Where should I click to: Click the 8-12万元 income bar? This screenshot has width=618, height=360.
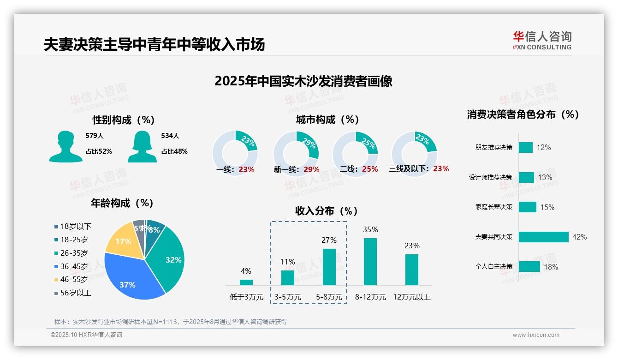point(370,261)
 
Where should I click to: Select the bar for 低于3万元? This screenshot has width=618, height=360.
point(246,282)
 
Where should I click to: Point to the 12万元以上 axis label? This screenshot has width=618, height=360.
point(411,297)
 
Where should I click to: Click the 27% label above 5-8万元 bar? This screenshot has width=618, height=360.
point(329,240)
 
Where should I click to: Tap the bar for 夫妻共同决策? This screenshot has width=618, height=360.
point(543,237)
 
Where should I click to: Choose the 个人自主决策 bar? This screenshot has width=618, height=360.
point(529,266)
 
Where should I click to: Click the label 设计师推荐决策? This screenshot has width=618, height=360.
point(490,177)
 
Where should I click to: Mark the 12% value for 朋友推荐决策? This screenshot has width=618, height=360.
point(544,147)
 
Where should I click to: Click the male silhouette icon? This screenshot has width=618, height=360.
point(65,146)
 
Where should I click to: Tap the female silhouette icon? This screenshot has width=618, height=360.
point(142,146)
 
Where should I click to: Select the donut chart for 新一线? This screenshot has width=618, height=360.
point(296,154)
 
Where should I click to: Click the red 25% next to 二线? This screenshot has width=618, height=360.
point(370,169)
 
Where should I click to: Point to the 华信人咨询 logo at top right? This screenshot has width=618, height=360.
point(542,40)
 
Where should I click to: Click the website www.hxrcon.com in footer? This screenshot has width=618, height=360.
point(536,335)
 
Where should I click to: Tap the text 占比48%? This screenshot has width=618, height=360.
point(174,151)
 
